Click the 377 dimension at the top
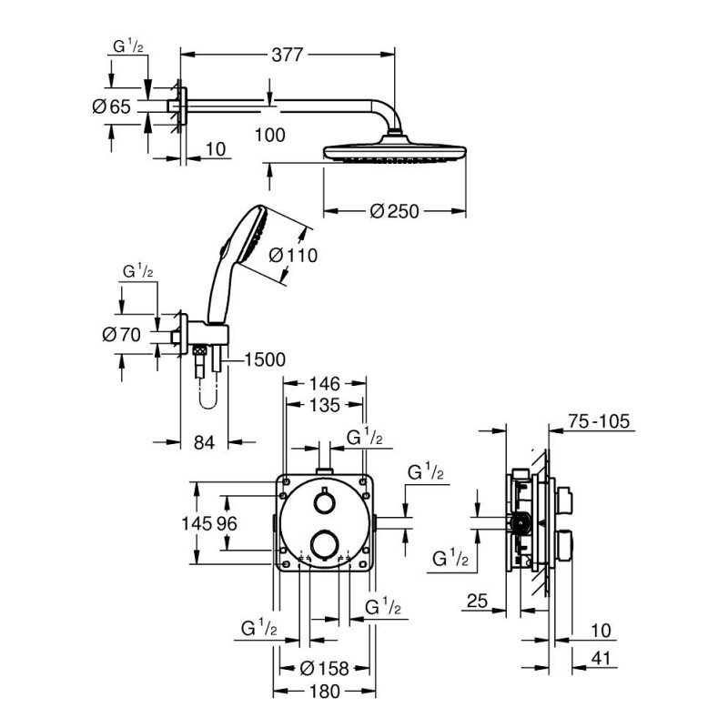coord(288,55)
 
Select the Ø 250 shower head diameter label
coord(394,211)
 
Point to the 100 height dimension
coord(269,135)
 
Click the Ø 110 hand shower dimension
coord(293,256)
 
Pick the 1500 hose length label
coord(264,360)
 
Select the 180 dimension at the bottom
coord(325,692)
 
